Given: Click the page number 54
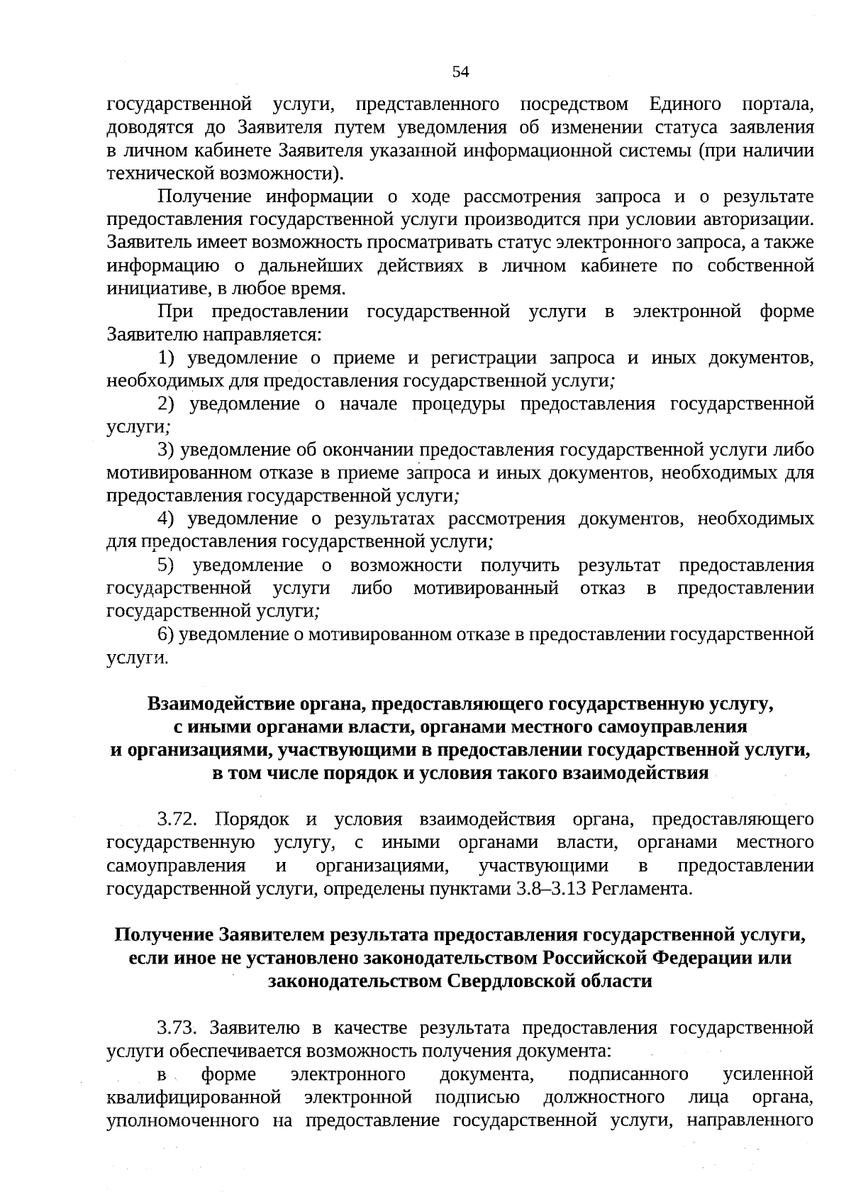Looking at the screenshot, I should tap(460, 72).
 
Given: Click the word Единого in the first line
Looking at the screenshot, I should tap(685, 105).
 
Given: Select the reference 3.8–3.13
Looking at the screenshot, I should tap(557, 889).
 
